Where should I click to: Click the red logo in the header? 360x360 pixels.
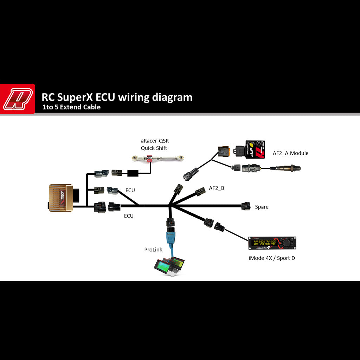pyautogui.click(x=18, y=99)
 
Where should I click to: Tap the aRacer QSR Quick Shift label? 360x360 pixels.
pyautogui.click(x=155, y=144)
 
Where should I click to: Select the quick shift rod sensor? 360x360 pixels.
pyautogui.click(x=158, y=159)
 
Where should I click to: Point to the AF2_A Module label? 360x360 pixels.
pyautogui.click(x=290, y=153)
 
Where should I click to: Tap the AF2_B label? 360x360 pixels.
pyautogui.click(x=216, y=188)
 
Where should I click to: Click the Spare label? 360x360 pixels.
pyautogui.click(x=262, y=207)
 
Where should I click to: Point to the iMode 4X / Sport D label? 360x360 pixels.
pyautogui.click(x=271, y=258)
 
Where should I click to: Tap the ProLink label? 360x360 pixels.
pyautogui.click(x=153, y=250)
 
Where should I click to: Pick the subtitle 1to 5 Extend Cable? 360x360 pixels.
pyautogui.click(x=71, y=107)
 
